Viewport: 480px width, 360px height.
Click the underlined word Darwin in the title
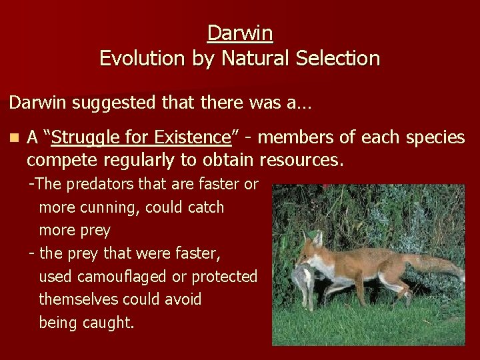(x=240, y=32)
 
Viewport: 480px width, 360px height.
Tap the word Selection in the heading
(x=341, y=59)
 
